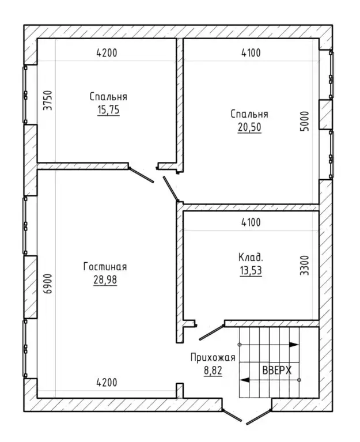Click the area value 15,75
(108, 109)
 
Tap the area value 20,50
(249, 127)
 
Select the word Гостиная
(105, 266)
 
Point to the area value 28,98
(105, 279)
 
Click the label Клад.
(251, 258)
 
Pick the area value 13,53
(251, 271)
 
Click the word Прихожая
(213, 357)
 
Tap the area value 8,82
(213, 371)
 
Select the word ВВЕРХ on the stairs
(277, 370)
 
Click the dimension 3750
(48, 100)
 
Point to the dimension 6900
(48, 284)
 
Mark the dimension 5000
(305, 121)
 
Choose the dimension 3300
(305, 266)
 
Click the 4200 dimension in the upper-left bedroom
(107, 52)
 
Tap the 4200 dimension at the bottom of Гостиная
(107, 383)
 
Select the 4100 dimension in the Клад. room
(251, 222)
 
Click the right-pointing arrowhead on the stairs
(294, 345)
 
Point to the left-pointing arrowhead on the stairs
(244, 380)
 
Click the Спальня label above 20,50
(249, 114)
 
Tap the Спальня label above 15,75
(108, 96)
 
